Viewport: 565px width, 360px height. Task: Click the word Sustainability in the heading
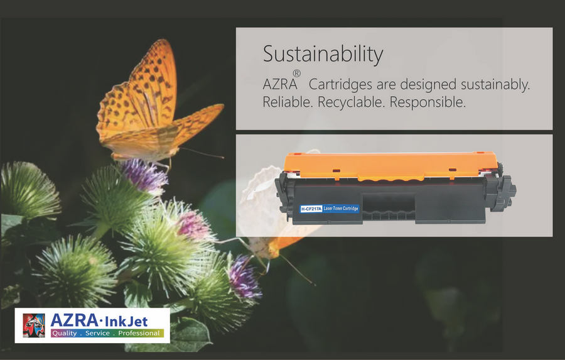[323, 55]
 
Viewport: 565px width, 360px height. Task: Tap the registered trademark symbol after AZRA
[296, 74]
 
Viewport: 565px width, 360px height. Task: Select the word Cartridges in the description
[340, 85]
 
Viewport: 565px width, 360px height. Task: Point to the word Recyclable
[352, 102]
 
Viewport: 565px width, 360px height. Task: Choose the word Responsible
[428, 102]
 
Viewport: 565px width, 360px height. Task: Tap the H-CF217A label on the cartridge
[311, 209]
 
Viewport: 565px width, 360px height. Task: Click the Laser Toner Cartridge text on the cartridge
[341, 209]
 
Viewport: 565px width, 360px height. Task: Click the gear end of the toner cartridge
[503, 191]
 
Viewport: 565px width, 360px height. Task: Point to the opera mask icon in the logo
[34, 325]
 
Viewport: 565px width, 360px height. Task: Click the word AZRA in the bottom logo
[74, 320]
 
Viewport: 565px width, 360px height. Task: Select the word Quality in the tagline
[64, 333]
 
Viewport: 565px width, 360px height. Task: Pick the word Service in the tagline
[97, 333]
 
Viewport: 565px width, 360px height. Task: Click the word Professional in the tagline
[139, 333]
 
